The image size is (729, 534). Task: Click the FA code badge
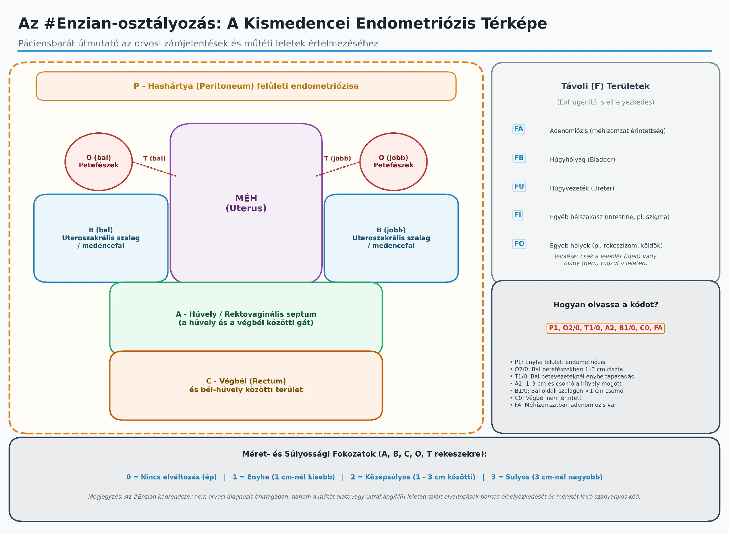click(518, 129)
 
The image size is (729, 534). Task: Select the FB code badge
click(519, 158)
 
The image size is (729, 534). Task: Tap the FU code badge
click(519, 186)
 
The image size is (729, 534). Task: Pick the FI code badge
click(518, 215)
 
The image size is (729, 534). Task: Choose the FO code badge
click(519, 244)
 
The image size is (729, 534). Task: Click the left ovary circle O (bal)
click(99, 162)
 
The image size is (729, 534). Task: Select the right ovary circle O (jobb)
click(393, 162)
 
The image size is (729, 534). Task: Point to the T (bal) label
click(154, 158)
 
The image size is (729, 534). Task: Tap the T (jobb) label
click(337, 158)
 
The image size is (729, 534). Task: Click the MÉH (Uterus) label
click(246, 203)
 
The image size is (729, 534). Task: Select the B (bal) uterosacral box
click(101, 238)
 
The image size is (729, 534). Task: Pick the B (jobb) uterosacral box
click(391, 238)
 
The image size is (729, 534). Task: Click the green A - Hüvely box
click(246, 318)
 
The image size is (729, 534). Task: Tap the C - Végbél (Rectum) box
click(246, 386)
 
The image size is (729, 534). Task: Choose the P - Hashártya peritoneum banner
click(246, 86)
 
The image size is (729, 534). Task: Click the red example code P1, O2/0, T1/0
click(606, 328)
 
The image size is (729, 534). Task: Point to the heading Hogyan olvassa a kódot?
click(606, 305)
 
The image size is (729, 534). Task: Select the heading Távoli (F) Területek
click(606, 86)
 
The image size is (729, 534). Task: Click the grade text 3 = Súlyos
click(547, 477)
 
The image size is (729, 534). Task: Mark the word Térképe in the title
click(514, 24)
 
